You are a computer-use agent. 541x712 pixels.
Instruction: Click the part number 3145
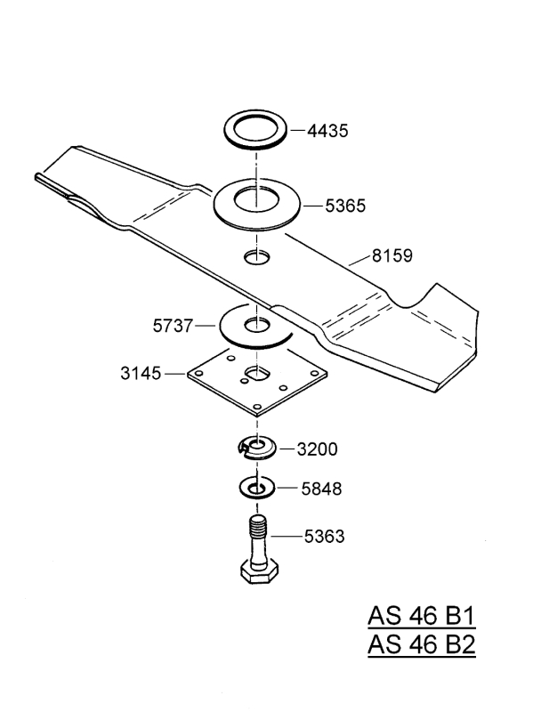tap(141, 374)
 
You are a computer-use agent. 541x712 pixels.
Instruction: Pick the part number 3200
tap(316, 449)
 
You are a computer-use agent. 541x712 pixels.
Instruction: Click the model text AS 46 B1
tap(422, 617)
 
